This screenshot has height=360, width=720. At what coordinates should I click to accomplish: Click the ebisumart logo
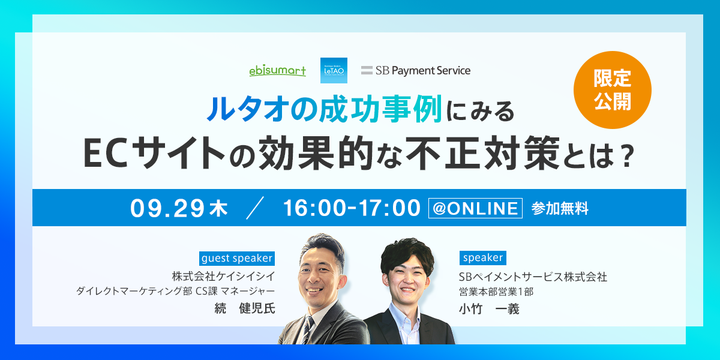(277, 70)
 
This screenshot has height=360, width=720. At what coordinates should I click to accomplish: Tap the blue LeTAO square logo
(334, 70)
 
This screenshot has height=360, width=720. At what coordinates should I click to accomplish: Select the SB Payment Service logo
(416, 70)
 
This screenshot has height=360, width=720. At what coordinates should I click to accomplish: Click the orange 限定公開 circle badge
(613, 90)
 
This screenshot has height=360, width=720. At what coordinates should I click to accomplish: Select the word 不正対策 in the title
(483, 153)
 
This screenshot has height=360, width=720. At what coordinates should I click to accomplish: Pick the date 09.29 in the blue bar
(167, 208)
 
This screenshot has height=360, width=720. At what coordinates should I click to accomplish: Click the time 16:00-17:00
(352, 208)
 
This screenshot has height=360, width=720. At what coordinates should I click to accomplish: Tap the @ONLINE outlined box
(475, 208)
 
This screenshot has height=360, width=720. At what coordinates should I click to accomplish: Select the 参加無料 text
(560, 208)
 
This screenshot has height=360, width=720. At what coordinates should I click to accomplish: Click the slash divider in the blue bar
(255, 208)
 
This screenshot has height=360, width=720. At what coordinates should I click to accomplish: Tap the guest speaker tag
(237, 259)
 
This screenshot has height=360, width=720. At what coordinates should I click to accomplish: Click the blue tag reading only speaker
(483, 258)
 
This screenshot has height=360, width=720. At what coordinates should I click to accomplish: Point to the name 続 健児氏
(245, 308)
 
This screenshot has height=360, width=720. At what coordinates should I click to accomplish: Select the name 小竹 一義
(489, 309)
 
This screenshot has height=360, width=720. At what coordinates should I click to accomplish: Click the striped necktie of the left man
(308, 329)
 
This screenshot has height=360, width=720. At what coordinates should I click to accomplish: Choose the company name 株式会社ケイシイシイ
(223, 276)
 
